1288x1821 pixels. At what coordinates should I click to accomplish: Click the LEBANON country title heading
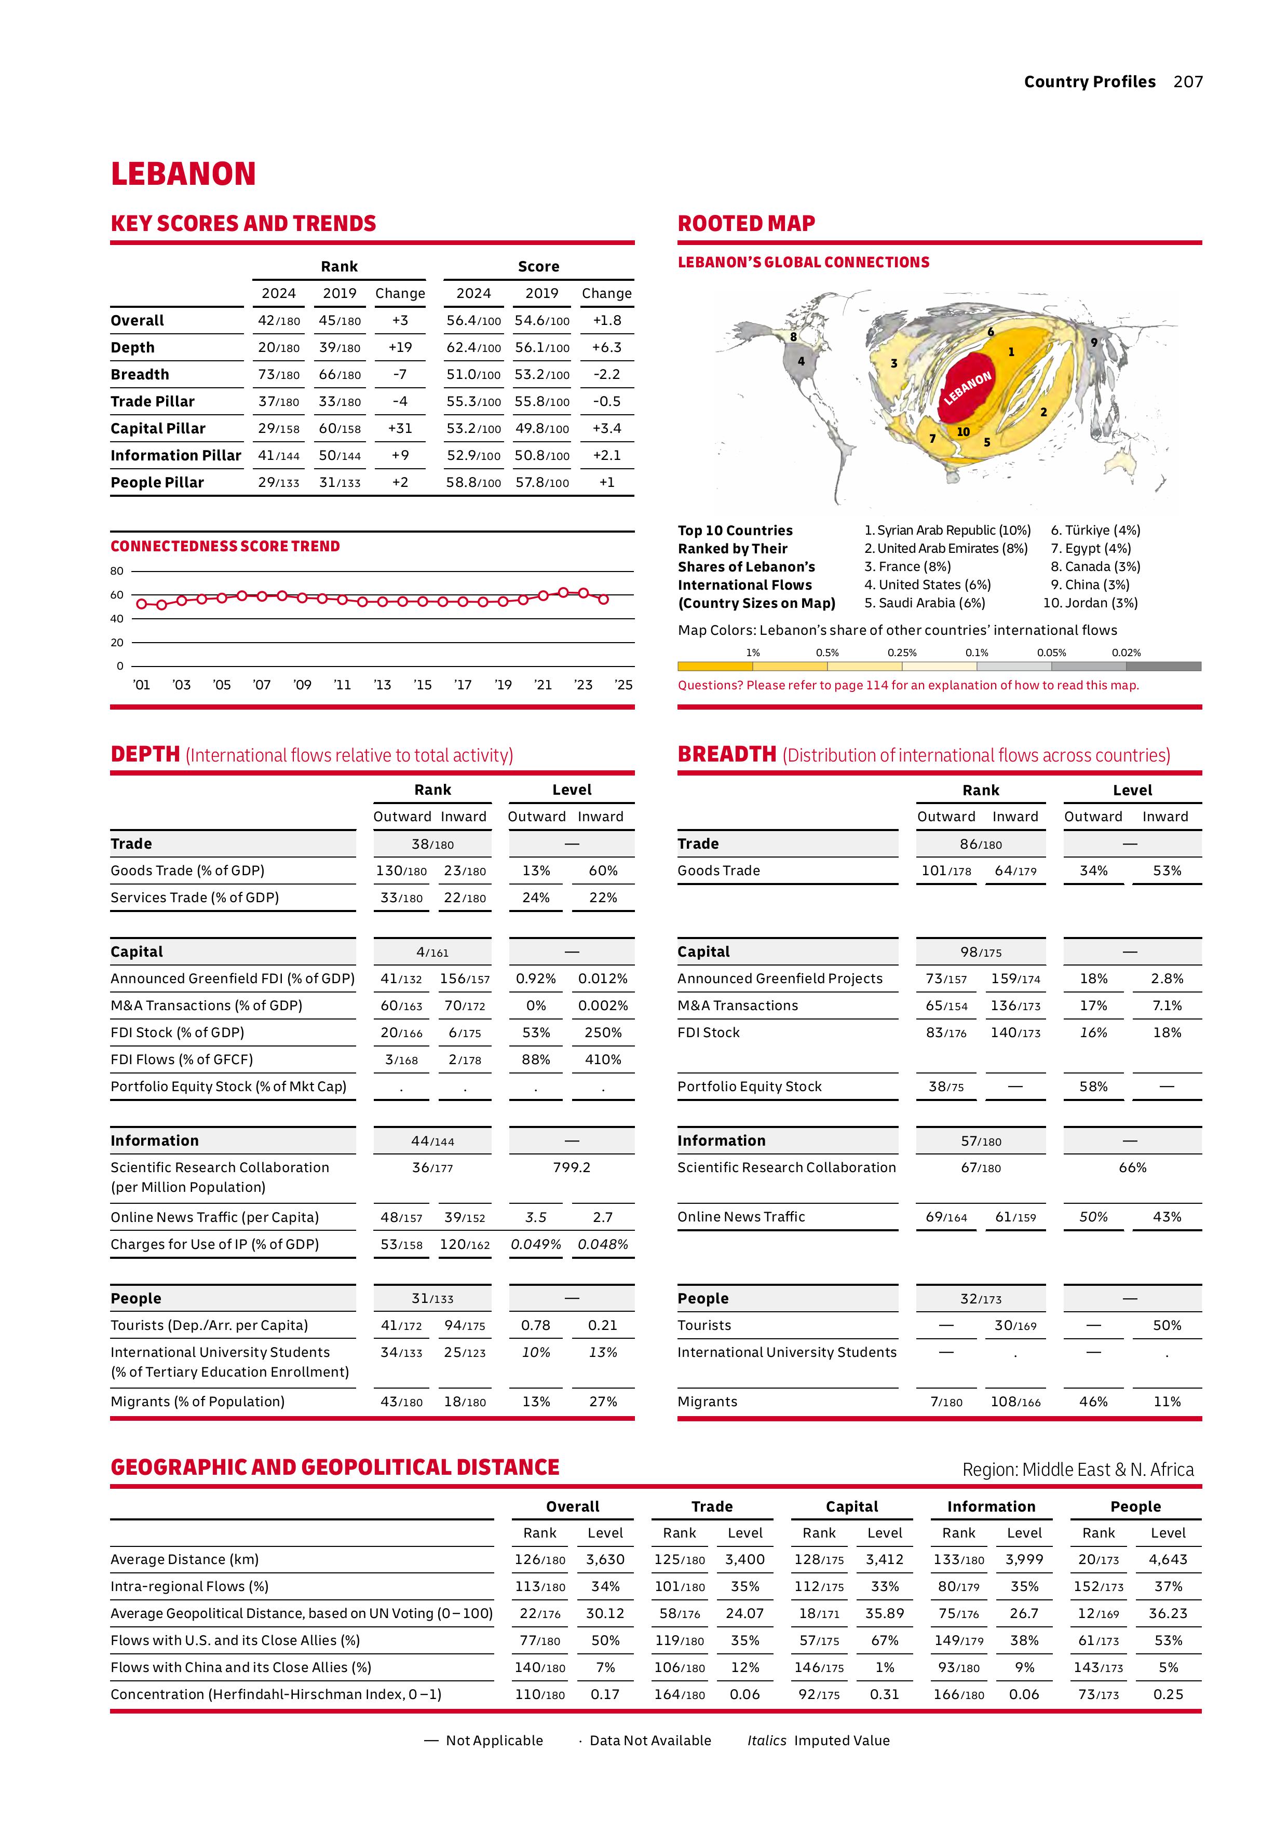tap(183, 174)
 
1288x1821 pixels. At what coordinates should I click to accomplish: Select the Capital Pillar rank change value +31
tap(400, 428)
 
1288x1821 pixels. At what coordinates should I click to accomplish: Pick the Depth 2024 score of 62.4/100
tap(473, 347)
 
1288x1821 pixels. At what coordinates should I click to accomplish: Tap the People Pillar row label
tap(157, 482)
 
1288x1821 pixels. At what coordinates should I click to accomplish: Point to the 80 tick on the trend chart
tap(117, 571)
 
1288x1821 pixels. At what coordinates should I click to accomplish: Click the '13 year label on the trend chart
tap(382, 685)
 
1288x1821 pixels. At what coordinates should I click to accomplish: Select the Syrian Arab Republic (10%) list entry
tap(947, 530)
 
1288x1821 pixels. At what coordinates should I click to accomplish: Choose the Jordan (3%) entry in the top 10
tap(1091, 603)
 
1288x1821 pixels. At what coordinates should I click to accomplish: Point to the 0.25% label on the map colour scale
tap(902, 653)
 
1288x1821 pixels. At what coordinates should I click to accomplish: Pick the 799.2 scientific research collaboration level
tap(571, 1167)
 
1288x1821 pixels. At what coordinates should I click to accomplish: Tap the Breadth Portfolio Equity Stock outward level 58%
tap(1093, 1086)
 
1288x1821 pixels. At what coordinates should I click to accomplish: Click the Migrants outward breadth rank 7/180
tap(946, 1402)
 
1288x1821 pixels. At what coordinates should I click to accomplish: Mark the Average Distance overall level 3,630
tap(605, 1559)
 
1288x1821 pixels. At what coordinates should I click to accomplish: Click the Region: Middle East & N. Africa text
tap(1077, 1470)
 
